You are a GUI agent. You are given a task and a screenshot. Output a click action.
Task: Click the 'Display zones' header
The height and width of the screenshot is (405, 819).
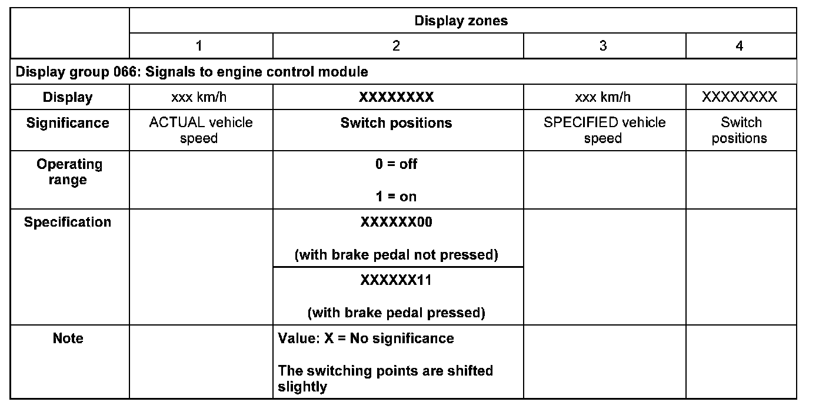pyautogui.click(x=461, y=21)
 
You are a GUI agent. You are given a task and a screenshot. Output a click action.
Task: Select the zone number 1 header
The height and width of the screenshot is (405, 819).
pyautogui.click(x=199, y=46)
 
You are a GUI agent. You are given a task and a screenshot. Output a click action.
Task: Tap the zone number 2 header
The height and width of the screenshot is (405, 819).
pyautogui.click(x=396, y=46)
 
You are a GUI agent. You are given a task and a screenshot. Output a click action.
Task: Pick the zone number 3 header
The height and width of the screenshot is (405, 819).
pyautogui.click(x=603, y=46)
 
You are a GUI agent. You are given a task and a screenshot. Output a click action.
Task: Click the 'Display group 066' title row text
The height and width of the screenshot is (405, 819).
pyautogui.click(x=192, y=72)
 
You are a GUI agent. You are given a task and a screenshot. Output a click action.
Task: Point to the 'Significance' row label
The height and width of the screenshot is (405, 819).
pyautogui.click(x=68, y=123)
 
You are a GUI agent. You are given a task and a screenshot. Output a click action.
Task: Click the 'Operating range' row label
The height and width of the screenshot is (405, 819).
pyautogui.click(x=69, y=172)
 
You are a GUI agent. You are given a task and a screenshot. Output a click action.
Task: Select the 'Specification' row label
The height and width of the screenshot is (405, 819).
pyautogui.click(x=68, y=222)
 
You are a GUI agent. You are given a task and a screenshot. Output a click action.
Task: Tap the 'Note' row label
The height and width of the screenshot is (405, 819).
pyautogui.click(x=68, y=338)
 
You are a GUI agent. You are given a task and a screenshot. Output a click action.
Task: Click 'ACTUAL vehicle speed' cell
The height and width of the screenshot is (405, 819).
pyautogui.click(x=201, y=130)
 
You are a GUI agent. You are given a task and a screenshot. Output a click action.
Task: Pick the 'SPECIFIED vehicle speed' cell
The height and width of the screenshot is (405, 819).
pyautogui.click(x=604, y=130)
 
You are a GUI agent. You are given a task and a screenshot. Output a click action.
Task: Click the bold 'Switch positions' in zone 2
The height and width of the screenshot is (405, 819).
pyautogui.click(x=396, y=123)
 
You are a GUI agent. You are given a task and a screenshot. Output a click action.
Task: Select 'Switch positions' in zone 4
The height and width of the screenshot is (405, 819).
pyautogui.click(x=740, y=130)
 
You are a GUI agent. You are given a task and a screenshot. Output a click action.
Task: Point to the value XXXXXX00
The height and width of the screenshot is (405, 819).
pyautogui.click(x=396, y=222)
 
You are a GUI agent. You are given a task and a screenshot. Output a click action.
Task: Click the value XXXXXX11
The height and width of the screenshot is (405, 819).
pyautogui.click(x=396, y=280)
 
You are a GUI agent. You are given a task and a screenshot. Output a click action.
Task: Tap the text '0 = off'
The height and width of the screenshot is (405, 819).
pyautogui.click(x=396, y=164)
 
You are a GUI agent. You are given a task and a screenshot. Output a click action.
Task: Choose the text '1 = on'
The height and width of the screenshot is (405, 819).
pyautogui.click(x=396, y=196)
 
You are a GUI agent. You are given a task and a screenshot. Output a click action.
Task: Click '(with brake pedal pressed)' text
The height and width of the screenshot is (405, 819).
pyautogui.click(x=396, y=313)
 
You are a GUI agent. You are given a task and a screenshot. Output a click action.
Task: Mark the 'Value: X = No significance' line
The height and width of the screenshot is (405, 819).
pyautogui.click(x=365, y=338)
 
